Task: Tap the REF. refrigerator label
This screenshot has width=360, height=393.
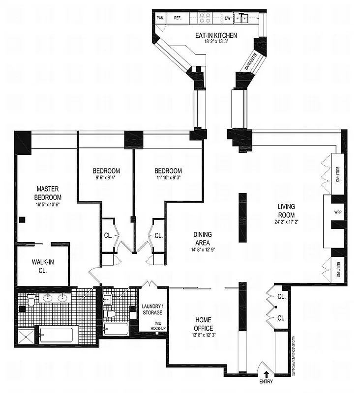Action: tap(177, 18)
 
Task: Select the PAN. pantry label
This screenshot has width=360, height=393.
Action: tap(160, 18)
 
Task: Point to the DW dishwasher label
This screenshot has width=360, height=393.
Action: tap(228, 18)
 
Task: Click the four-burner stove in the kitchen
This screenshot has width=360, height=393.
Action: tap(205, 18)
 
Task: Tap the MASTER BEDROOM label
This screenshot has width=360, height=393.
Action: tap(48, 193)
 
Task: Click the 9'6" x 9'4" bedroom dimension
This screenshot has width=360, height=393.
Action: tap(105, 178)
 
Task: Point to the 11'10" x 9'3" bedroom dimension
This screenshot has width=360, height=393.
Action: tap(168, 178)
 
